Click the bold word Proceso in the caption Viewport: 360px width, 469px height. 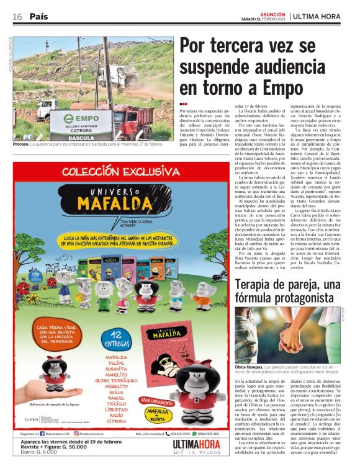point(21,144)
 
